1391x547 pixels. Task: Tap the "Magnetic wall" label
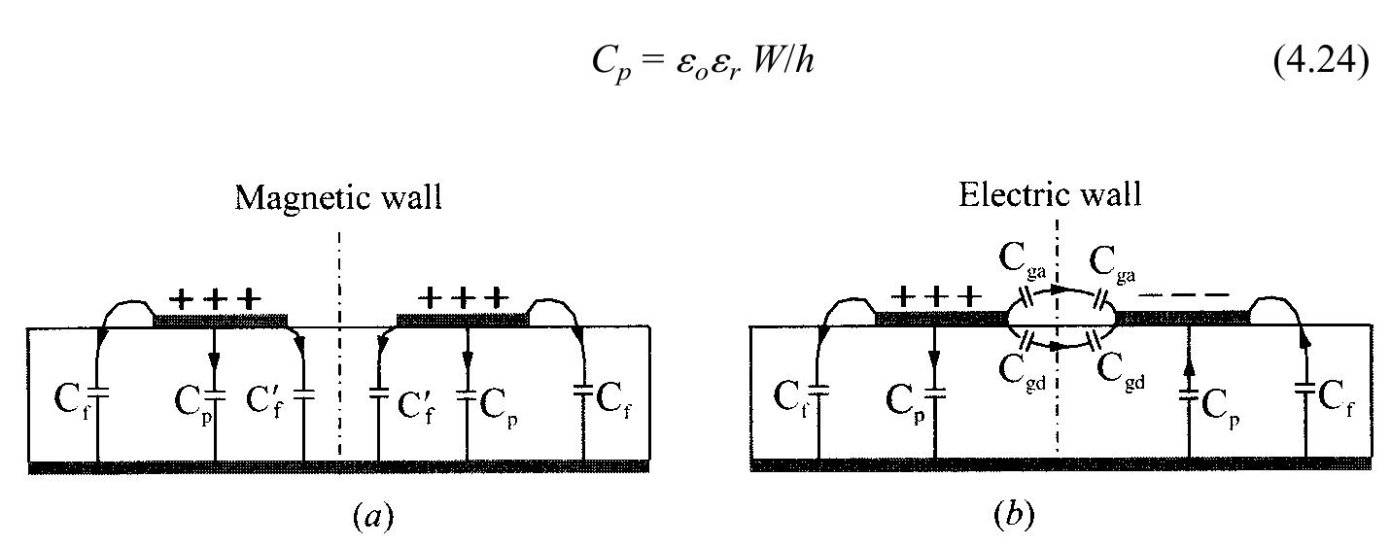pos(338,197)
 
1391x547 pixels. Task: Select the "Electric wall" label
pos(1050,194)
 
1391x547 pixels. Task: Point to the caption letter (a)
pos(373,515)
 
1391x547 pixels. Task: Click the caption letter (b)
pos(1014,515)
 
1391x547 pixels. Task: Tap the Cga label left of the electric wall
pos(1018,262)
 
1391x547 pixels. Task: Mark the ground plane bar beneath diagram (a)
pos(338,466)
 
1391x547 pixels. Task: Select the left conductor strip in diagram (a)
pos(221,319)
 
